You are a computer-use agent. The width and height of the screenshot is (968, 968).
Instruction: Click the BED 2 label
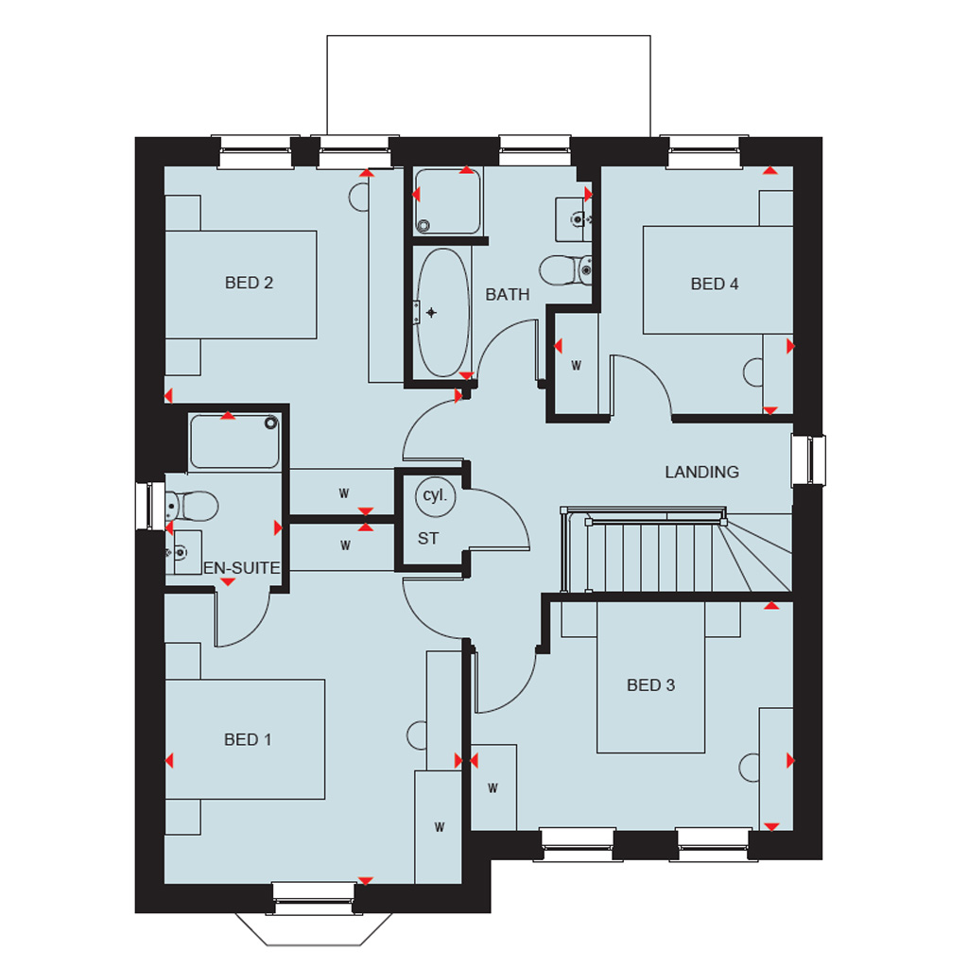(249, 283)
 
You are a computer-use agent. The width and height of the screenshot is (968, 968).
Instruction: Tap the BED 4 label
(715, 284)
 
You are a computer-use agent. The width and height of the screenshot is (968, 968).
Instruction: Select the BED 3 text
(650, 685)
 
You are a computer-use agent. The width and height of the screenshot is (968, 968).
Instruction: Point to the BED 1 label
(248, 739)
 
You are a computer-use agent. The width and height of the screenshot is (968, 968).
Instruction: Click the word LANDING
(702, 473)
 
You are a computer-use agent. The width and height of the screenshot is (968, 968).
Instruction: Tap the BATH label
(508, 295)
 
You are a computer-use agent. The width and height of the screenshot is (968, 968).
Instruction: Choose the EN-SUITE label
(241, 568)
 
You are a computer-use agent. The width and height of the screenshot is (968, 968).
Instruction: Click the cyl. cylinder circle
(435, 496)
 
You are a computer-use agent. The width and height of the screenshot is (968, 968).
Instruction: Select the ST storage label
(428, 539)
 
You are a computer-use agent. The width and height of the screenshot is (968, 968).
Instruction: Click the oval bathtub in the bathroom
(442, 312)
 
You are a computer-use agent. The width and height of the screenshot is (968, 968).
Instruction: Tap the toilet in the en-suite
(191, 507)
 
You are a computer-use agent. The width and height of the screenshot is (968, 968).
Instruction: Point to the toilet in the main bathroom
(565, 270)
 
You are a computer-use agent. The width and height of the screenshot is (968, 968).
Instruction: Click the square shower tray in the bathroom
(447, 201)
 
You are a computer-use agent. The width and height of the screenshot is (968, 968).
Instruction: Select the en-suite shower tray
(234, 441)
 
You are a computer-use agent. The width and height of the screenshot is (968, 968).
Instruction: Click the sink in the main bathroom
(574, 219)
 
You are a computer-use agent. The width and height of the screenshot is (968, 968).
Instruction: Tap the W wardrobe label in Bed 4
(576, 366)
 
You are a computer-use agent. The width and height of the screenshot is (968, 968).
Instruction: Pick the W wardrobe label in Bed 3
(493, 787)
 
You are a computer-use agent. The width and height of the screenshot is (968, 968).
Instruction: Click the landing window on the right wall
(809, 460)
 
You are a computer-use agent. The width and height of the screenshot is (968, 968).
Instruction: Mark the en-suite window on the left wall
(150, 507)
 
